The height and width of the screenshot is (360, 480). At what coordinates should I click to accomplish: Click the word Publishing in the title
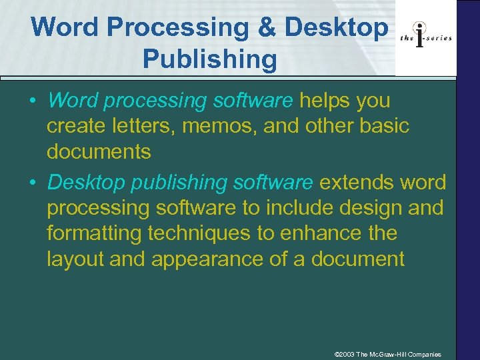(x=209, y=59)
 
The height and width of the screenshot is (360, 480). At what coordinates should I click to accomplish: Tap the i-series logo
(x=426, y=37)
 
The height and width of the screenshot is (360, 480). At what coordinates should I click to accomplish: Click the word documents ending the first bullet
(x=99, y=151)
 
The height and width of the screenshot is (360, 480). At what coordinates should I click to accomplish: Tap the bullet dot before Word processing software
(x=31, y=101)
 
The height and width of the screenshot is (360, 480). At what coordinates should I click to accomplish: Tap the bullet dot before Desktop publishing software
(x=31, y=182)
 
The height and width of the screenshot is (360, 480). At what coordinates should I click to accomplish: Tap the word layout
(x=75, y=258)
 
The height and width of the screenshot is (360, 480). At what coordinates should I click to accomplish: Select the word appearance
(x=207, y=259)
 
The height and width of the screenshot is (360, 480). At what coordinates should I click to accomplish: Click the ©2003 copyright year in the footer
(x=345, y=353)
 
